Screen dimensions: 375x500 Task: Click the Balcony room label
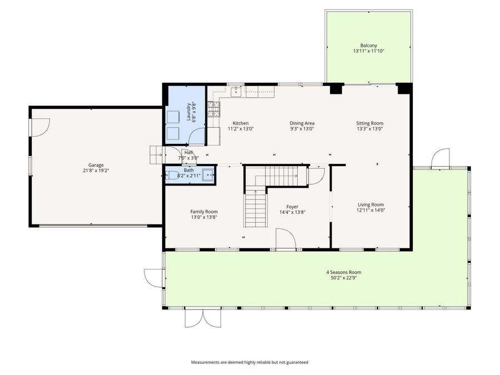click(x=369, y=45)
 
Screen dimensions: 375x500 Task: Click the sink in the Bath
click(x=208, y=175)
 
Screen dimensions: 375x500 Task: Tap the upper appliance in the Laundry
click(x=174, y=116)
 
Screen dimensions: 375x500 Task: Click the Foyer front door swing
click(x=286, y=240)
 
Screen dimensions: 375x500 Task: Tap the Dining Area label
click(x=302, y=123)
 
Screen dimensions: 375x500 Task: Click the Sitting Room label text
click(x=369, y=123)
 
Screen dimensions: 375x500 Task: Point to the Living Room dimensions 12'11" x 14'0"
click(x=370, y=210)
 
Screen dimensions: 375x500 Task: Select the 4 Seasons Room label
click(x=343, y=272)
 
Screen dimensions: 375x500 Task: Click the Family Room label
click(x=204, y=212)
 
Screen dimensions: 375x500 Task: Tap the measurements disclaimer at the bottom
click(x=249, y=362)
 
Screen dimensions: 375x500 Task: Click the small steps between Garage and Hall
click(x=156, y=154)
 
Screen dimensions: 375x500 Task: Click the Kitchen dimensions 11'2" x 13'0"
click(x=241, y=129)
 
